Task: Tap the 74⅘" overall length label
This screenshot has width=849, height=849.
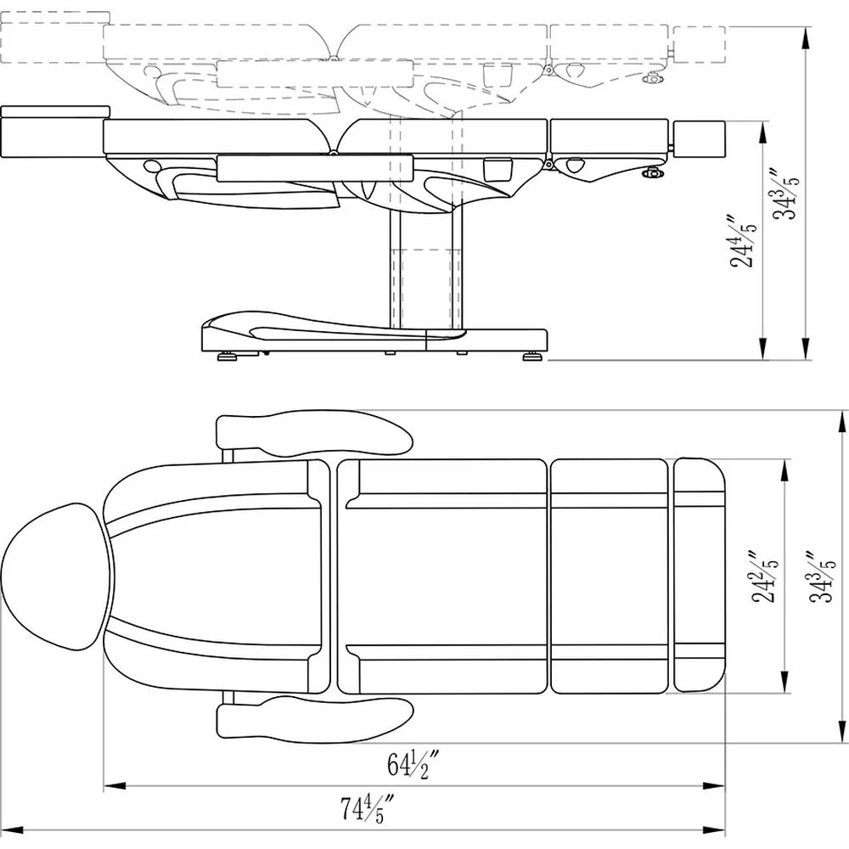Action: click(x=366, y=808)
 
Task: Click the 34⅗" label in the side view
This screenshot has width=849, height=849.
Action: click(x=785, y=194)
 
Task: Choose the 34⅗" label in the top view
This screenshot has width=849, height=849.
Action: click(x=822, y=577)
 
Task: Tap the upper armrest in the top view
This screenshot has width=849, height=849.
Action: click(x=314, y=434)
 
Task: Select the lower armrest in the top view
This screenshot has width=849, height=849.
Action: click(x=314, y=720)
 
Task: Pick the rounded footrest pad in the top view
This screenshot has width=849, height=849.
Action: click(x=699, y=575)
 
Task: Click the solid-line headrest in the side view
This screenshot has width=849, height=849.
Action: click(x=54, y=132)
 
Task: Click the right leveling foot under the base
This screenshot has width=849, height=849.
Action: click(x=531, y=356)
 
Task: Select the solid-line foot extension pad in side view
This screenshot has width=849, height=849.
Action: click(x=699, y=138)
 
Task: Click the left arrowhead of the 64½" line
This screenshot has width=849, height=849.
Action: click(x=115, y=785)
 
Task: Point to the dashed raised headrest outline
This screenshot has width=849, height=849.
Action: click(x=54, y=38)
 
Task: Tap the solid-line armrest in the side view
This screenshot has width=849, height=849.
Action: click(x=315, y=168)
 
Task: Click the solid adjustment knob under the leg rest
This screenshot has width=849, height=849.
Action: click(x=652, y=172)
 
